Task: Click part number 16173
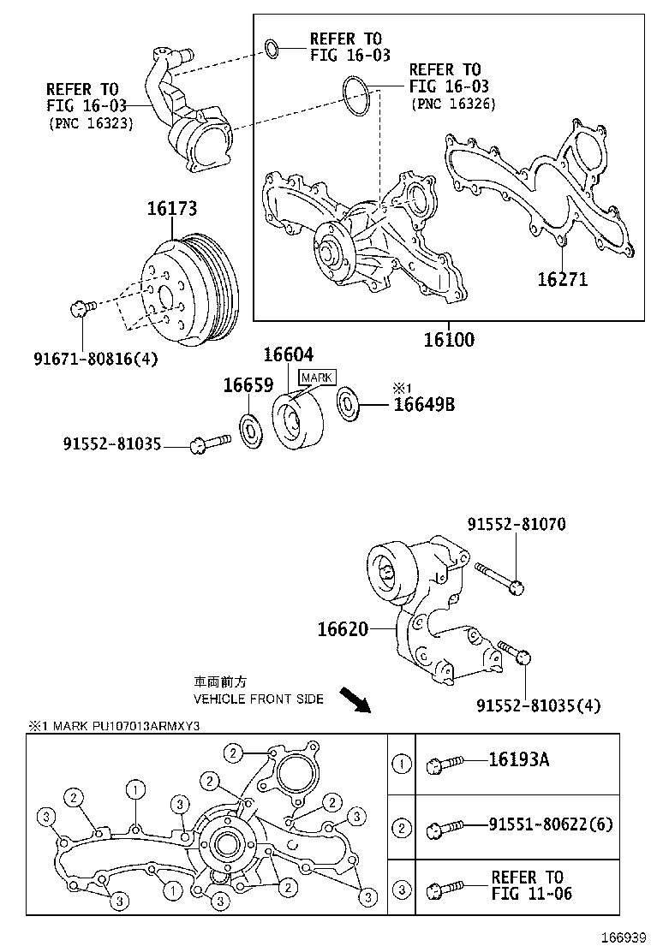(171, 208)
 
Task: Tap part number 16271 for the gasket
(562, 278)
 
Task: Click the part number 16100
(448, 340)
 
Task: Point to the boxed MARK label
(316, 377)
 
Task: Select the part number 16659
(248, 385)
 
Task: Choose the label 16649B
(423, 404)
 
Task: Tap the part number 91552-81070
(517, 524)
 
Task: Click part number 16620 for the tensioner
(343, 630)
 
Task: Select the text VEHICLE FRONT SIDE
(258, 699)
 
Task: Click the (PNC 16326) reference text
(453, 104)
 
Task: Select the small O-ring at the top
(271, 50)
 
